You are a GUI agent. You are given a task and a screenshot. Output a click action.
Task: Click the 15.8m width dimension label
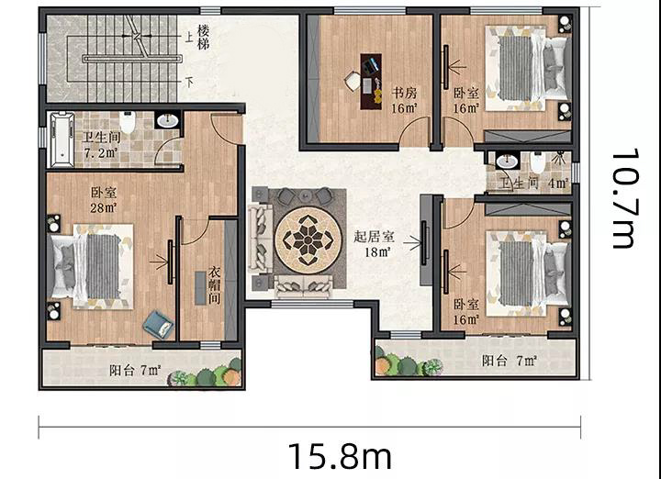(340, 456)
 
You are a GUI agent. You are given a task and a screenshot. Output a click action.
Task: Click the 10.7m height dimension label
(623, 198)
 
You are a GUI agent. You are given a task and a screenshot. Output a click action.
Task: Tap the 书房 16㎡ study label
(404, 100)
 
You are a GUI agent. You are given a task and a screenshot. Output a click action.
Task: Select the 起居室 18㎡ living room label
(374, 244)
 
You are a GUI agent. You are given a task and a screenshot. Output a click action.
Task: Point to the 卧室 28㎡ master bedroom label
(104, 199)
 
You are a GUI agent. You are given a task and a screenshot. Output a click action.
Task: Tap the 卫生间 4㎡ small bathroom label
(534, 184)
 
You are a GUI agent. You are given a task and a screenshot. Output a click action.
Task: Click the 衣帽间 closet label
(215, 284)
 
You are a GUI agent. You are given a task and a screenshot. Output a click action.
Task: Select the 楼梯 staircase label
(203, 37)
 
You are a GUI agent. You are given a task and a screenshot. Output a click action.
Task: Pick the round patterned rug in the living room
(308, 240)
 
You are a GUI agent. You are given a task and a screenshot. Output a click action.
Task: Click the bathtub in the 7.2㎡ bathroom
(62, 139)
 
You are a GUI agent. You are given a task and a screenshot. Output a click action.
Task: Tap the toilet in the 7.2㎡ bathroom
(127, 121)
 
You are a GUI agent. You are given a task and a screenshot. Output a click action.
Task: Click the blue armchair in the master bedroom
(159, 325)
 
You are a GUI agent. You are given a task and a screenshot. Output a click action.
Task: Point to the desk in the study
(371, 82)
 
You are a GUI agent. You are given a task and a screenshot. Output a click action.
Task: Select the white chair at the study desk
(352, 81)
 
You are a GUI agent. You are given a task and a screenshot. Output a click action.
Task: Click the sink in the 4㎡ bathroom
(507, 161)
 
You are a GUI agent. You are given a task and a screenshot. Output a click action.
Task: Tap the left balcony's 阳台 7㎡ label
(135, 371)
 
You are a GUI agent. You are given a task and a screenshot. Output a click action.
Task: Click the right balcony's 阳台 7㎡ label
(510, 361)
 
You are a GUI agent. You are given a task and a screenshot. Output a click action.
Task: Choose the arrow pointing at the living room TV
(412, 242)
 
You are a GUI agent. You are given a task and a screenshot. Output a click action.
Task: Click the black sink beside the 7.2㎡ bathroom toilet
(167, 120)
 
